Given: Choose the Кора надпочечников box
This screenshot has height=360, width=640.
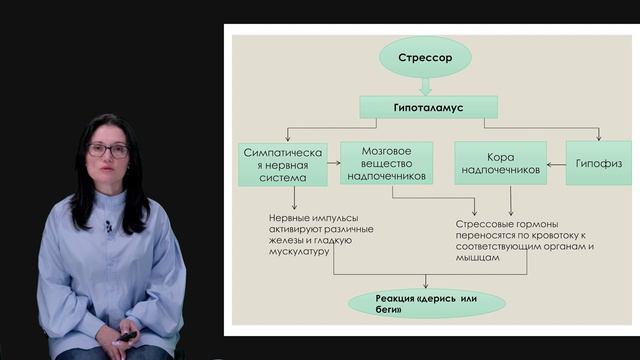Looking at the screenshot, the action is pos(499,163).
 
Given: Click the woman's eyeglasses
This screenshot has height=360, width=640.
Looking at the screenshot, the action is pos(107,150).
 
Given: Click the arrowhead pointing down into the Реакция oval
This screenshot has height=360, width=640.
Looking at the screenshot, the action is pos(427,286).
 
